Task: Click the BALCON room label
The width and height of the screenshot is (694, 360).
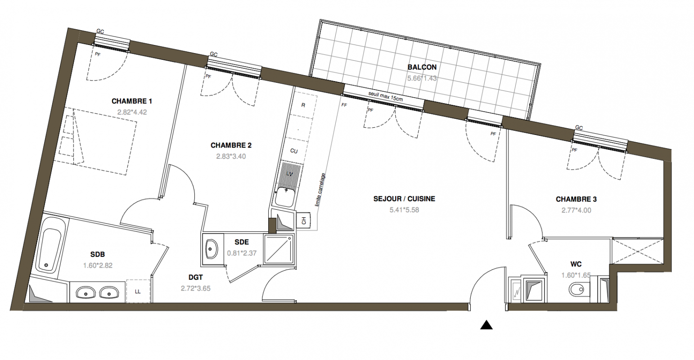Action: [422, 67]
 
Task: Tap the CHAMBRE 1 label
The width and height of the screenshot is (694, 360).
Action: [132, 101]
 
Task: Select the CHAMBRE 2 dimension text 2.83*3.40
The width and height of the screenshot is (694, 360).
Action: [231, 157]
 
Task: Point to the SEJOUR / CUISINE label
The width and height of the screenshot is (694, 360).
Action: [404, 199]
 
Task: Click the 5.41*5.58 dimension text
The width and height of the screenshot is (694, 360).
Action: [404, 210]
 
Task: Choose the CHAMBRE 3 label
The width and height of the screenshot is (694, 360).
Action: [576, 199]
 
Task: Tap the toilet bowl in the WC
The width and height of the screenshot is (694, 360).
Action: [577, 290]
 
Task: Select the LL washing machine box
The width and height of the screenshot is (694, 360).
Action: [138, 291]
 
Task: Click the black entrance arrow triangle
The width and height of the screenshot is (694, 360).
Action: [487, 325]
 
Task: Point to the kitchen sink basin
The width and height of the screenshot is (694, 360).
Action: [285, 197]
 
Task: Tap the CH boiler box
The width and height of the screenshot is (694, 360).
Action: [304, 220]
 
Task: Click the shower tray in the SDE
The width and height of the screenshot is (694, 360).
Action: [279, 249]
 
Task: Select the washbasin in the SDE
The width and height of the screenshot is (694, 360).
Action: [212, 249]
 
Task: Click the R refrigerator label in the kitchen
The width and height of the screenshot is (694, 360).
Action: [303, 105]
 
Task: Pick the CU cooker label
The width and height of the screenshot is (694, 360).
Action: [294, 151]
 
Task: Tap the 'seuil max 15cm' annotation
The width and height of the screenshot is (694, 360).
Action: [385, 96]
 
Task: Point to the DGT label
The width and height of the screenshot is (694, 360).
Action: [195, 278]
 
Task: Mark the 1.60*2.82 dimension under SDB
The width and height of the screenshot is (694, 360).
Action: [98, 265]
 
